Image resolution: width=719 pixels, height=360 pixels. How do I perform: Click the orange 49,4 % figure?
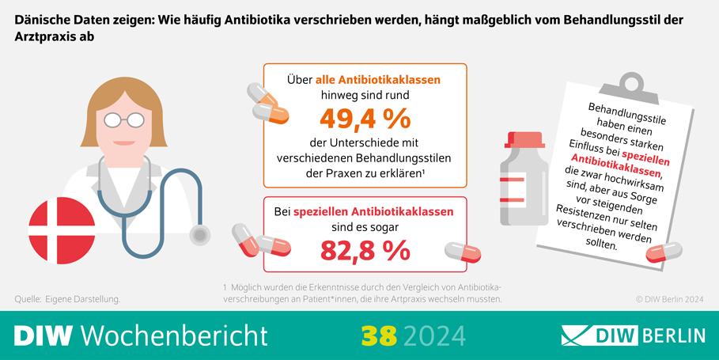(x=365, y=119)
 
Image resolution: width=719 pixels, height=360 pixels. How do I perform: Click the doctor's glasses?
(x=125, y=119)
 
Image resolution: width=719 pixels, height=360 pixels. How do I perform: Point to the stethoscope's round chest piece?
(x=201, y=234)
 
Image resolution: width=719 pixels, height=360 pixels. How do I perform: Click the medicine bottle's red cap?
(x=524, y=140)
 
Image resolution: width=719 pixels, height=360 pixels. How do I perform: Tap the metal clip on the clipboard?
(x=630, y=81)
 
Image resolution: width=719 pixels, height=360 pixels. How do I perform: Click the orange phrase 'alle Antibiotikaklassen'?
(x=378, y=80)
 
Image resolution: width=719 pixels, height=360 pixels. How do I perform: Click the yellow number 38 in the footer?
(x=377, y=335)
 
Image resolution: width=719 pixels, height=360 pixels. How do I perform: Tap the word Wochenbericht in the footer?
(x=174, y=335)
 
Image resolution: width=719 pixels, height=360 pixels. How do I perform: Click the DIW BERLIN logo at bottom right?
(x=633, y=335)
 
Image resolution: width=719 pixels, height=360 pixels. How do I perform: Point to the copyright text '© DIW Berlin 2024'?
(x=669, y=300)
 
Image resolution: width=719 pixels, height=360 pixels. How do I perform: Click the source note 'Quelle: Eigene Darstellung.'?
(x=67, y=299)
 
